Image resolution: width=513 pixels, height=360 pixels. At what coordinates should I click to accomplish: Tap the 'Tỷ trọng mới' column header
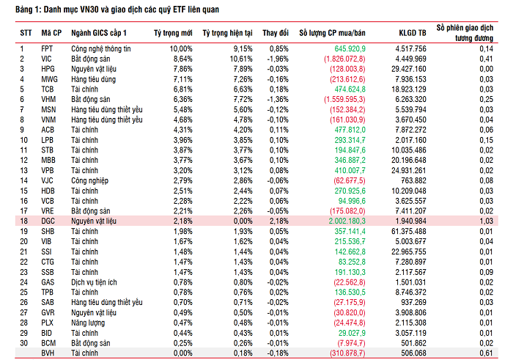pyautogui.click(x=173, y=34)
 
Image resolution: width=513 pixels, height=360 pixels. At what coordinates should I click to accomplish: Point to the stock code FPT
pyautogui.click(x=47, y=48)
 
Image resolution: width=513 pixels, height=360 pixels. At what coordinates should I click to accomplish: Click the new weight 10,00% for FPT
pyautogui.click(x=180, y=48)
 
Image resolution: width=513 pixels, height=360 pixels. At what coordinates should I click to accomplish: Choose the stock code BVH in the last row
pyautogui.click(x=48, y=353)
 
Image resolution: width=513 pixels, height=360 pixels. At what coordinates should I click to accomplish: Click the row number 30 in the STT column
pyautogui.click(x=23, y=342)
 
